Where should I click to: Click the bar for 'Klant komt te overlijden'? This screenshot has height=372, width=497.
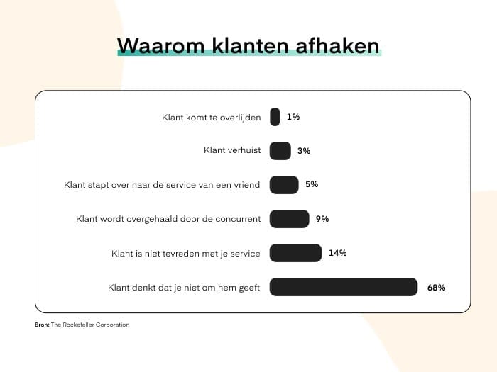point(275,117)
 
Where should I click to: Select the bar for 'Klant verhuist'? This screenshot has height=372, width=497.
point(280,151)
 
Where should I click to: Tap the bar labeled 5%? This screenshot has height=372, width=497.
point(284,185)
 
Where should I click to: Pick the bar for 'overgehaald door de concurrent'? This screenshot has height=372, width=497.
point(290,219)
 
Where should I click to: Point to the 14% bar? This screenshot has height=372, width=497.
point(296,253)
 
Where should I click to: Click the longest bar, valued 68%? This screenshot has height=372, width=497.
point(344,287)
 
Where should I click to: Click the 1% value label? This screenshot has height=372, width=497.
point(293,117)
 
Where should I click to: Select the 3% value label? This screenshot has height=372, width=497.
point(304,151)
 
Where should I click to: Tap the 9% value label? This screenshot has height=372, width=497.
point(322,219)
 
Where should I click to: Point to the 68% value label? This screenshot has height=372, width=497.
point(436,288)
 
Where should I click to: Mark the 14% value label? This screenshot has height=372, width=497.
point(337,253)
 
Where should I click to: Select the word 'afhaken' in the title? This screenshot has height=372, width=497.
point(337,46)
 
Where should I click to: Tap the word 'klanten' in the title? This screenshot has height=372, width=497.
point(251,46)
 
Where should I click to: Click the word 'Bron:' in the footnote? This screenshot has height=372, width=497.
point(42,325)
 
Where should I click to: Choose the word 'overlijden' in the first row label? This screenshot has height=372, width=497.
point(240,118)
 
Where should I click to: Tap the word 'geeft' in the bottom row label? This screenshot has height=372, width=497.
point(248,288)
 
